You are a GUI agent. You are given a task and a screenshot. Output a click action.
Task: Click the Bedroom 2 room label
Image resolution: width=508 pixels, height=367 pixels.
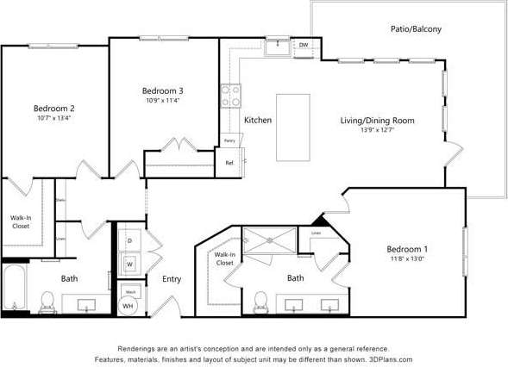coord(53,108)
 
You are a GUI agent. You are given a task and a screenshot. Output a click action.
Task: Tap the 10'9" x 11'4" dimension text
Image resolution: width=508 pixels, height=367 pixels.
coord(162,100)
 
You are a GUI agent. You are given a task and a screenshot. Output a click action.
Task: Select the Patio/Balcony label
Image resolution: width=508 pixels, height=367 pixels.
coord(415,28)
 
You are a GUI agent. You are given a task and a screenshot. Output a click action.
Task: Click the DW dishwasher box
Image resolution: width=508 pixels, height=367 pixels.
coord(304,45)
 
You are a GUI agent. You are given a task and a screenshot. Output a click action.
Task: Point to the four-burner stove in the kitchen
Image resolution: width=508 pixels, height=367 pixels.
coord(230,96)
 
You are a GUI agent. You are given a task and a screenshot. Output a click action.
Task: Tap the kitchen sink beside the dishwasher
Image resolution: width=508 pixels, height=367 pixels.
coord(277,46)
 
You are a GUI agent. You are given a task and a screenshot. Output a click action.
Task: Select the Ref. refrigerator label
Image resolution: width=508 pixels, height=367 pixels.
coord(229,162)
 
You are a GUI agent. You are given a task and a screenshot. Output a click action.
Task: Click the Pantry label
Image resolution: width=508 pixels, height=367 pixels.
coord(229,140)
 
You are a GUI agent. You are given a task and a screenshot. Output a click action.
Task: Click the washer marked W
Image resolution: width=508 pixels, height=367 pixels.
coord(129,263)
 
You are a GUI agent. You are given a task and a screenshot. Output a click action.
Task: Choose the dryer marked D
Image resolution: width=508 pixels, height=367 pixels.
coord(129,240)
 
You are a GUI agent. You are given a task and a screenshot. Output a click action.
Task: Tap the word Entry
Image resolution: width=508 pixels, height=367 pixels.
coord(172,278)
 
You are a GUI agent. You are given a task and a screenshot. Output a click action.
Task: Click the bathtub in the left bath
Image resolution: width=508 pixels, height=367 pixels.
coord(14,289)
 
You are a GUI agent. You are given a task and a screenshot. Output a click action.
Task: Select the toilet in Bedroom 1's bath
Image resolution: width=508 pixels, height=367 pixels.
coord(260,301)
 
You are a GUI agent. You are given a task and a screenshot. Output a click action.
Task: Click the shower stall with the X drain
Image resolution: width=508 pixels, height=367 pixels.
coord(269,244)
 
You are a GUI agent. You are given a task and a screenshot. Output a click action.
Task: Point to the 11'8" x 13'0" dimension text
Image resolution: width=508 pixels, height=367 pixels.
coord(408,258)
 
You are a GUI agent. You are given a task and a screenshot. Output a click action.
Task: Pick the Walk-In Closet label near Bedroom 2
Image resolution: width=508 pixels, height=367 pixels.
coord(21,221)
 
